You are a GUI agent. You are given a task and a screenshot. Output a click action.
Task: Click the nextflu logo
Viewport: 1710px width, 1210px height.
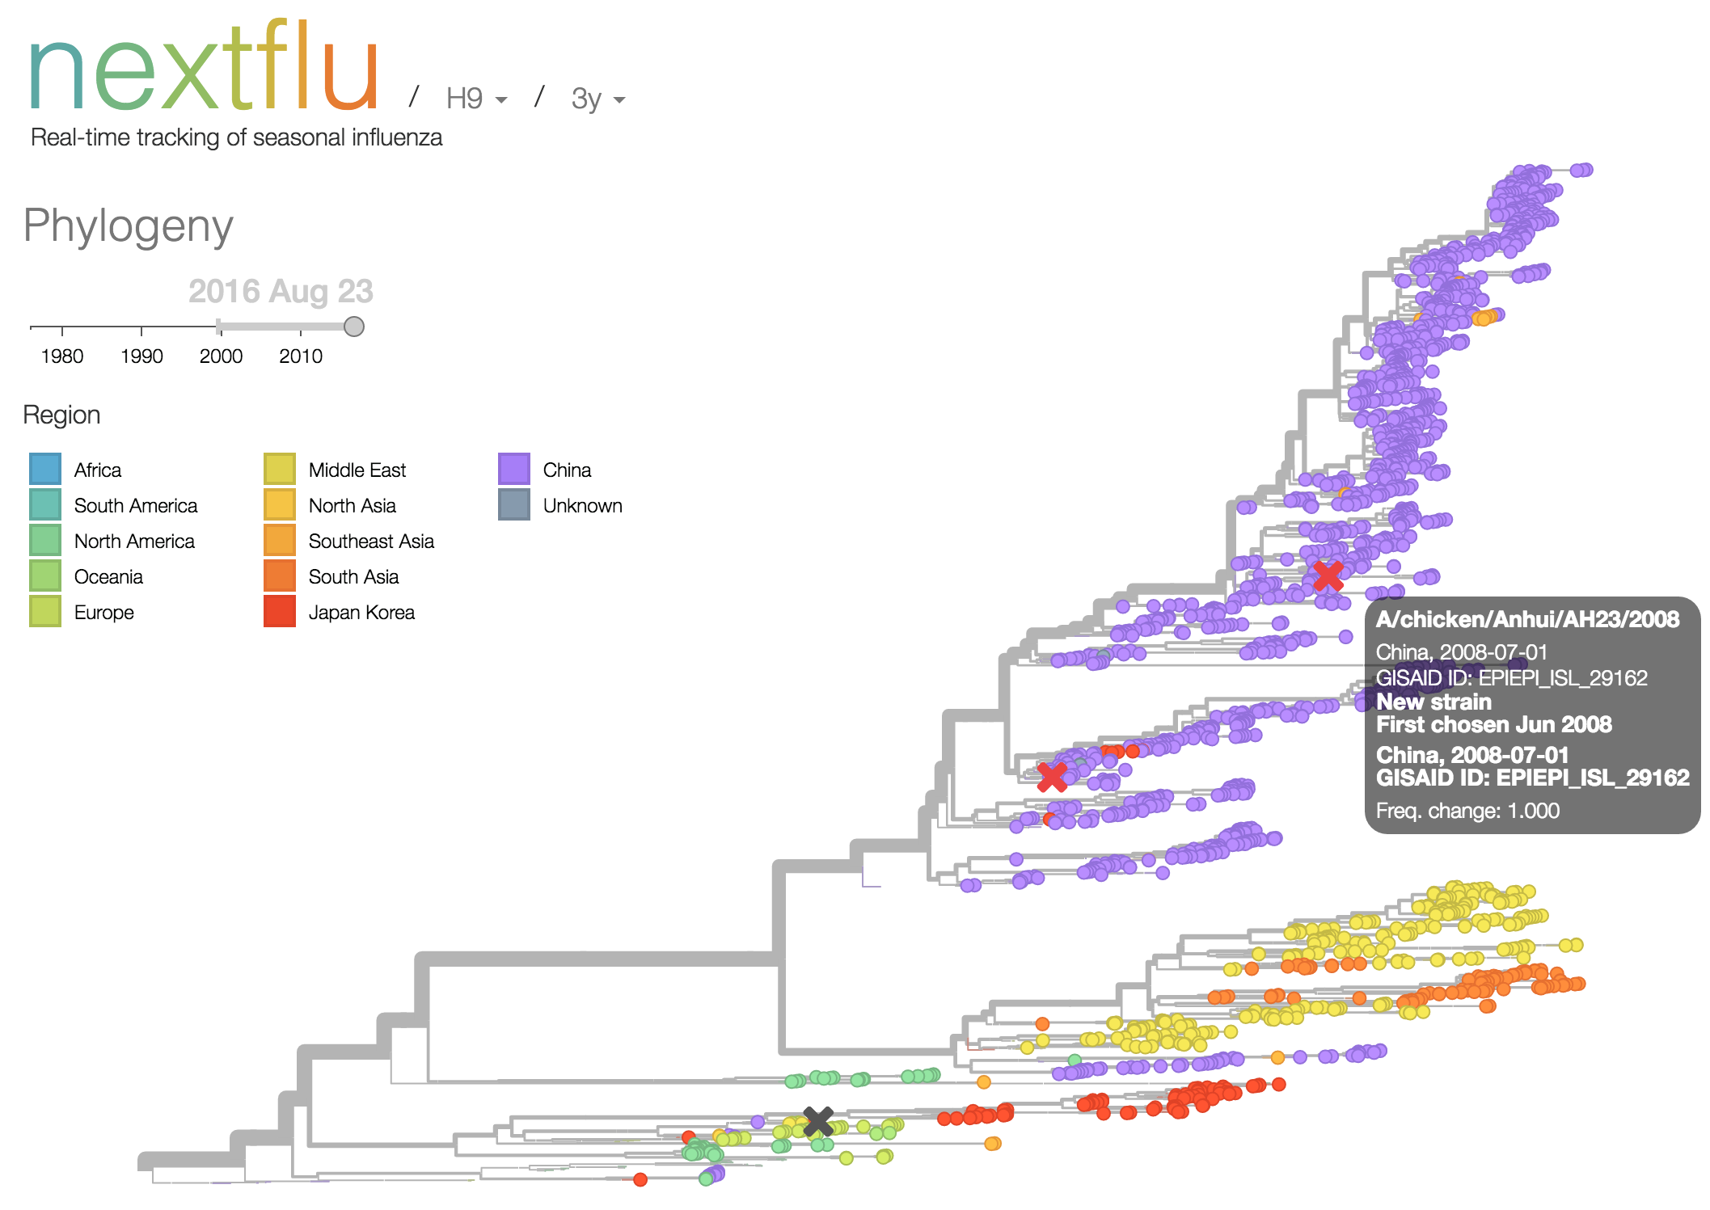point(204,68)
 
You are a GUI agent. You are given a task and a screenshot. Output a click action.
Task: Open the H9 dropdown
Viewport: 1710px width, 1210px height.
point(476,99)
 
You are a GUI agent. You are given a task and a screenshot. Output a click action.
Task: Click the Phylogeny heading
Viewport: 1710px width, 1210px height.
point(129,226)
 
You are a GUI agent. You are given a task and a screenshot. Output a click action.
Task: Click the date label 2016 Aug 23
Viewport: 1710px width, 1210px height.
point(281,291)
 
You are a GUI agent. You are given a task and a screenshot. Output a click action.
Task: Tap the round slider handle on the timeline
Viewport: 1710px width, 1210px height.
point(354,327)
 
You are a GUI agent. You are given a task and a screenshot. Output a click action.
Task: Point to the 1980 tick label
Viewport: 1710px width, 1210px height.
point(62,356)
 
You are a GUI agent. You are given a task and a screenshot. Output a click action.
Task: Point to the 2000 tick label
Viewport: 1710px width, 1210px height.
point(221,356)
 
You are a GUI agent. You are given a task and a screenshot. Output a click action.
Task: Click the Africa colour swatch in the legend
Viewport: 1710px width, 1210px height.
point(45,470)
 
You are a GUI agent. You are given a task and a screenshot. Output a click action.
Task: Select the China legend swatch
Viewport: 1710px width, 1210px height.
point(514,470)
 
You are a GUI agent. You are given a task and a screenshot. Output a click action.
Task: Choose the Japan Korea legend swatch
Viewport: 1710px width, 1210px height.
point(280,612)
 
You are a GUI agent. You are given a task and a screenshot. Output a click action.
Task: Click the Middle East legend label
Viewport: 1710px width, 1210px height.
point(357,470)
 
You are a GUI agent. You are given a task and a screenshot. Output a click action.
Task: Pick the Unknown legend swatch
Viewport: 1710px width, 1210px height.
point(514,505)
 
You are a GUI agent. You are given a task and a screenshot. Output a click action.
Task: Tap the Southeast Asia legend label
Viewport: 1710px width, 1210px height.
point(371,542)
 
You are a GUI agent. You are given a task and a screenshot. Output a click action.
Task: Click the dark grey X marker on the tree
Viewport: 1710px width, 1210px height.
point(818,1121)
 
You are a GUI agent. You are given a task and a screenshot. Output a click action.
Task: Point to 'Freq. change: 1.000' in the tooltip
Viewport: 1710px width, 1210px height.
point(1467,811)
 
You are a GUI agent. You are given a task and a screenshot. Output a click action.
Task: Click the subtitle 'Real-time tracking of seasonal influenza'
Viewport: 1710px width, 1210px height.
point(236,137)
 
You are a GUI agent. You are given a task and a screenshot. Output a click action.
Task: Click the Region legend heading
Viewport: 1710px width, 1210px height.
point(62,415)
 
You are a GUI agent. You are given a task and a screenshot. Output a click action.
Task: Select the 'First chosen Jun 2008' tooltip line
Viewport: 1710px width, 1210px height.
point(1494,724)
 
